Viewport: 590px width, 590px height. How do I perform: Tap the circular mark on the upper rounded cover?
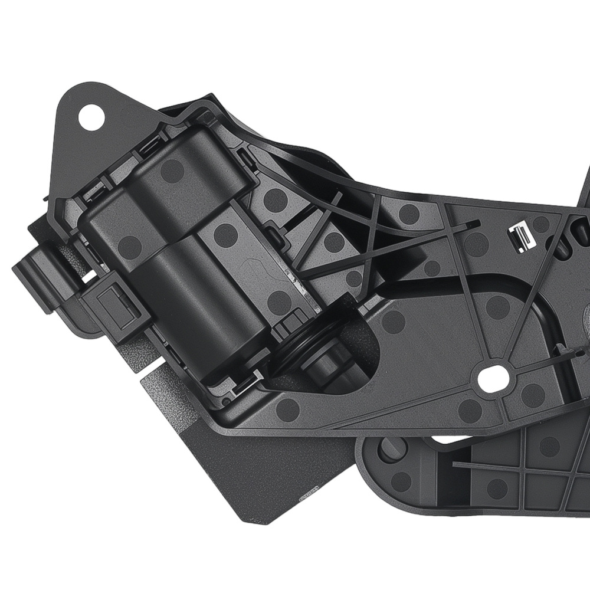(172, 171)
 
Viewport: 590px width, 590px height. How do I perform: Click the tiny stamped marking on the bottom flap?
(309, 492)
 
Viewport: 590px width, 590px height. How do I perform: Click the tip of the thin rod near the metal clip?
(475, 224)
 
